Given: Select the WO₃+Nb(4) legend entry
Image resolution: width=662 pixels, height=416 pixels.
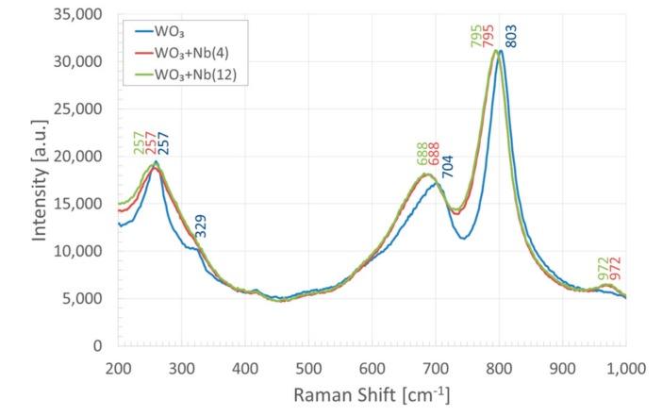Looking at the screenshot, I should [x=204, y=52].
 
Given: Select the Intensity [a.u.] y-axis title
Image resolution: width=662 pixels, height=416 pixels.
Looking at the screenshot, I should [x=41, y=180].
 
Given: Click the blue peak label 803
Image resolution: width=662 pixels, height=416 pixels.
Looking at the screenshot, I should [x=512, y=36].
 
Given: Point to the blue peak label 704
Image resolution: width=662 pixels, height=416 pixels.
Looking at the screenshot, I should [x=448, y=166].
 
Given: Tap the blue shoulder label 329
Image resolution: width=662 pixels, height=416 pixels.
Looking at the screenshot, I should [x=200, y=225].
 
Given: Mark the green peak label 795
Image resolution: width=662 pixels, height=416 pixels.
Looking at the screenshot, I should [x=474, y=36].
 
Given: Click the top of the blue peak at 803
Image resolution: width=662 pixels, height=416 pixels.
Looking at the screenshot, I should [x=501, y=52].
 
